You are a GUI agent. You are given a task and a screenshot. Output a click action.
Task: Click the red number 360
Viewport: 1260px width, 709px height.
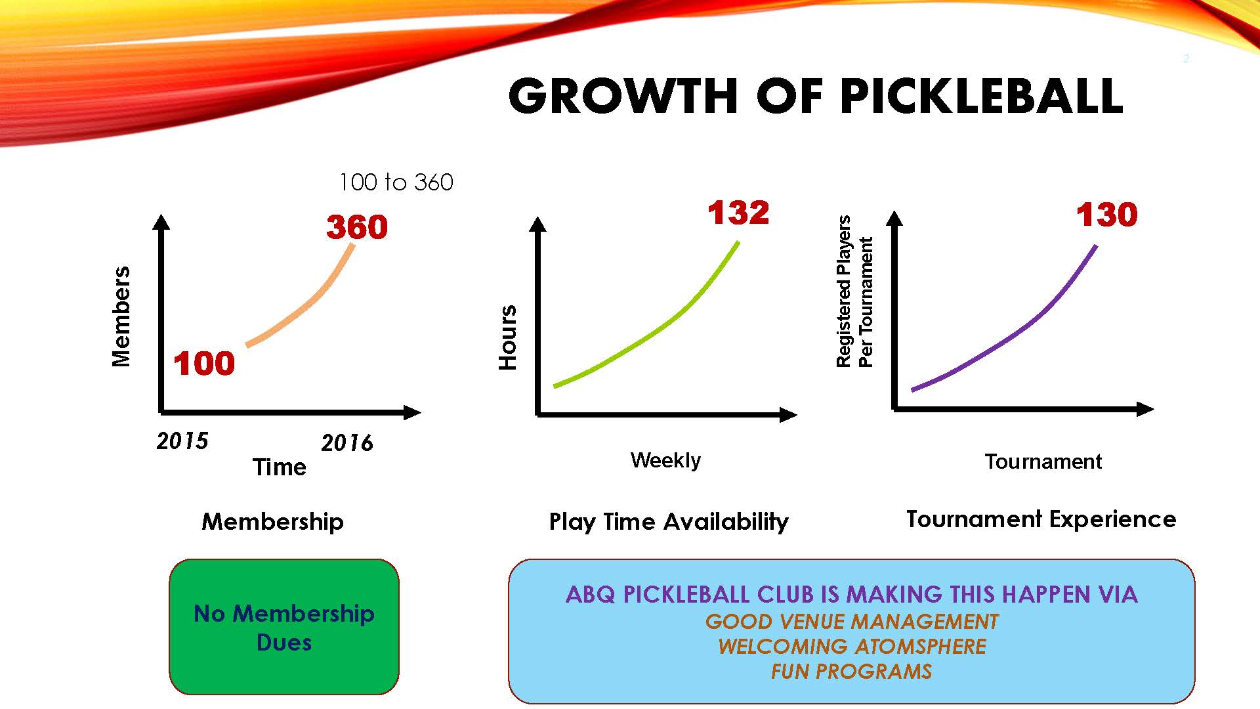tap(357, 227)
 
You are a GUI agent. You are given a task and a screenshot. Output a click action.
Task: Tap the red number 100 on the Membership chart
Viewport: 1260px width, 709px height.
tap(204, 364)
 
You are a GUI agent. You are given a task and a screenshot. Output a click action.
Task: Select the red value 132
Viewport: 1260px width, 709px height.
tap(738, 213)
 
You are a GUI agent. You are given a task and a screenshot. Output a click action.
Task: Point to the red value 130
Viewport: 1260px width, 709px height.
tap(1107, 215)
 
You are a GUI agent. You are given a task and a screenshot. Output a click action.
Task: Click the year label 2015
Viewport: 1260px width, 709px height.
tap(182, 440)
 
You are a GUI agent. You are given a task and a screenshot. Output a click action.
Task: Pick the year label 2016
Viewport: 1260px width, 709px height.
tap(347, 443)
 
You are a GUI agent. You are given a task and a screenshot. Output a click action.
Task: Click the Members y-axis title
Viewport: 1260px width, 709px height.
tap(121, 316)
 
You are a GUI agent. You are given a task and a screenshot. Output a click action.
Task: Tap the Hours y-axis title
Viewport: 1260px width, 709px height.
tap(508, 337)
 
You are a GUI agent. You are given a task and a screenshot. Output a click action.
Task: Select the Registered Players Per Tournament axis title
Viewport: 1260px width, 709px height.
tap(854, 291)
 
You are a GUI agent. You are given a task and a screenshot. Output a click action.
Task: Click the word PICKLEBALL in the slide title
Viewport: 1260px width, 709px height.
tap(981, 97)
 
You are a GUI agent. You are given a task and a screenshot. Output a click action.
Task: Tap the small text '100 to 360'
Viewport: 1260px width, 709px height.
tap(396, 182)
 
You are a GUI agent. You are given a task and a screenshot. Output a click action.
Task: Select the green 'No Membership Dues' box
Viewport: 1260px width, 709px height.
tap(284, 627)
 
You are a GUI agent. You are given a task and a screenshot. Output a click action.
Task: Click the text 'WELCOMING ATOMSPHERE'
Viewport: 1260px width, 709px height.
tap(852, 647)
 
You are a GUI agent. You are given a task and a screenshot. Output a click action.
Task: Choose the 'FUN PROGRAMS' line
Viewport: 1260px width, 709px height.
tap(851, 672)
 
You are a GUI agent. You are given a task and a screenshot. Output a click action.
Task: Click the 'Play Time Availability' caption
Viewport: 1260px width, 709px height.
tap(669, 522)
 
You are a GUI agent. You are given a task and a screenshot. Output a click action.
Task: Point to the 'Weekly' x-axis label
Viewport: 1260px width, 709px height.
tap(665, 460)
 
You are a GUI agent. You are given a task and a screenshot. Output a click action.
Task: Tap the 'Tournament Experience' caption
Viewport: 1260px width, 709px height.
tap(1041, 519)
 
